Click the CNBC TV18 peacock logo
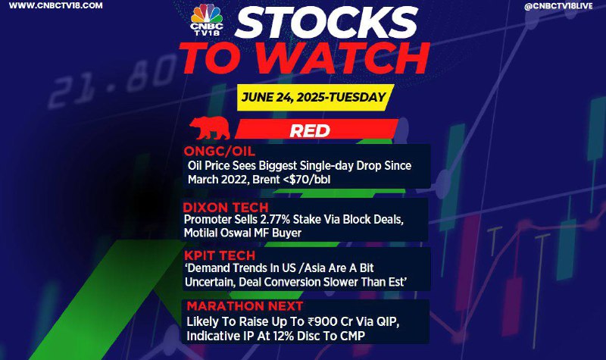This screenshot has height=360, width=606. (x=207, y=20)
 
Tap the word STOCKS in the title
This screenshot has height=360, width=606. (x=327, y=23)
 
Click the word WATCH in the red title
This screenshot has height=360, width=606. (x=348, y=58)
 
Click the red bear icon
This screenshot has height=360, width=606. (x=210, y=127)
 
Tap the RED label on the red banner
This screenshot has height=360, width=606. (x=310, y=130)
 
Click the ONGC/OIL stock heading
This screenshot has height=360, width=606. (x=220, y=151)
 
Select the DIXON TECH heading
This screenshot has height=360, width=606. (x=226, y=207)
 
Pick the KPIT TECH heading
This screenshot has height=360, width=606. (x=220, y=255)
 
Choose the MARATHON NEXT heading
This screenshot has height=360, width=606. (x=245, y=306)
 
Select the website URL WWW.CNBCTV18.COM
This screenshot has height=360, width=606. (x=55, y=6)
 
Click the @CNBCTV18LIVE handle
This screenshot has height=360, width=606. (x=558, y=7)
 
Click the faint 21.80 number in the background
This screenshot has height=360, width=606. (x=113, y=81)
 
